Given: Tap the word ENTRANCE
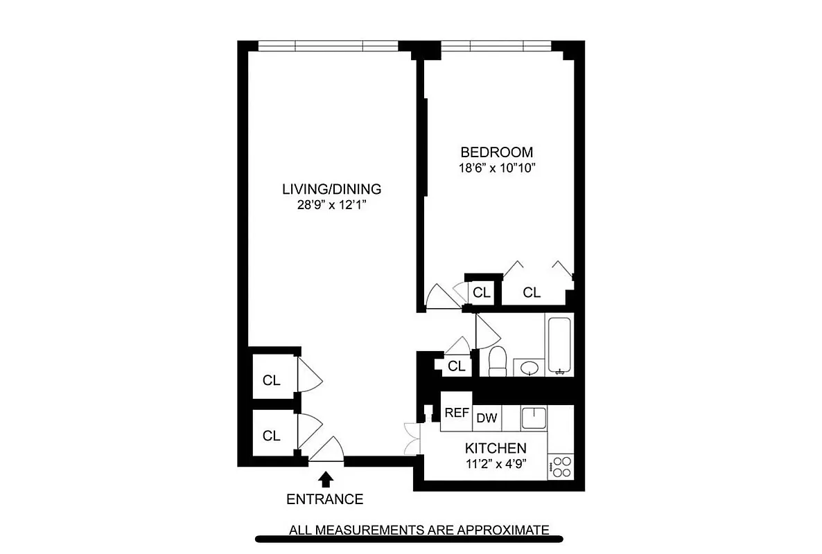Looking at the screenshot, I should (x=325, y=499).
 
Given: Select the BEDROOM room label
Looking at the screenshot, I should (x=497, y=152).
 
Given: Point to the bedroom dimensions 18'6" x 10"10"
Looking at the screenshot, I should (x=497, y=168).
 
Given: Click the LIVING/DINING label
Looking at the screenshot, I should (x=332, y=188).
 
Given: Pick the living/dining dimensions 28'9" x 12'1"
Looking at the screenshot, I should (x=332, y=204).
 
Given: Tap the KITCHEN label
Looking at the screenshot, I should (x=496, y=448).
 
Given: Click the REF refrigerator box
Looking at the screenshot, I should (x=457, y=413).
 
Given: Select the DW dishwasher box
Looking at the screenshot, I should (x=487, y=418).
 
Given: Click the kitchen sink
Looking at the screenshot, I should (x=534, y=418).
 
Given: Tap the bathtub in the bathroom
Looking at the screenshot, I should (x=559, y=345).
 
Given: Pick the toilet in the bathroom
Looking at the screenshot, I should (x=498, y=361).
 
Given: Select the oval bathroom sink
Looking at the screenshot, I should (x=529, y=366).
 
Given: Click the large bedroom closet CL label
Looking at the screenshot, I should (x=532, y=293).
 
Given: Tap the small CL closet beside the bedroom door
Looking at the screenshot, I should (x=482, y=293).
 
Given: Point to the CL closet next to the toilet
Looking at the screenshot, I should (x=456, y=366).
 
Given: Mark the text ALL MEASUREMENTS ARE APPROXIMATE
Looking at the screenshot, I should (x=419, y=530).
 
